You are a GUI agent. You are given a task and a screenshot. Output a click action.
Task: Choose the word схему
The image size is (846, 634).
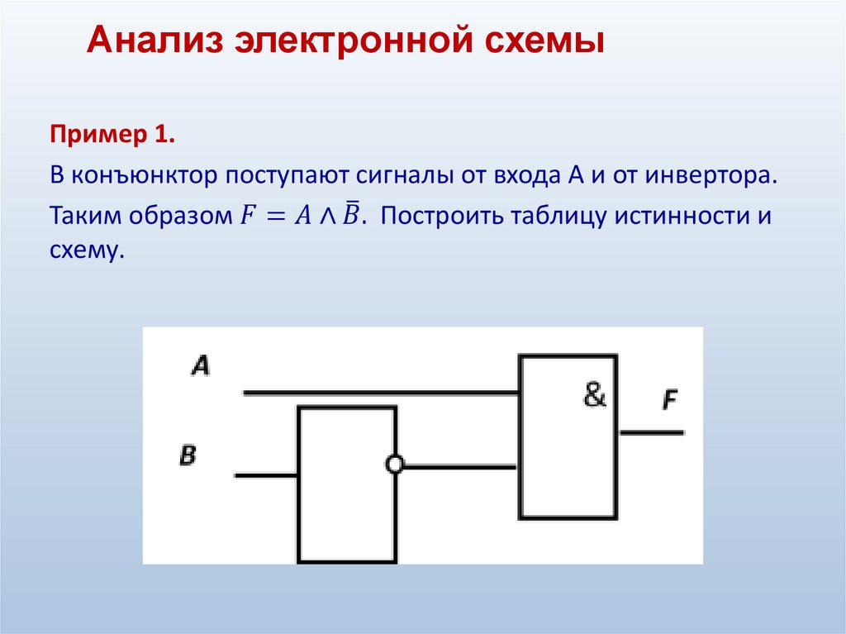(x=86, y=249)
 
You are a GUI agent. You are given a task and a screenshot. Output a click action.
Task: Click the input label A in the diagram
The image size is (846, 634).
(x=200, y=365)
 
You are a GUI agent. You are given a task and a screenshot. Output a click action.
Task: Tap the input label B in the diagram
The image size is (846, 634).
(x=188, y=455)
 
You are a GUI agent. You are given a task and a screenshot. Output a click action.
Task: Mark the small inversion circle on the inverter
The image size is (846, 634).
(x=395, y=465)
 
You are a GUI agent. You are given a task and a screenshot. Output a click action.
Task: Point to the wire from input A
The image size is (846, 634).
(x=380, y=393)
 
